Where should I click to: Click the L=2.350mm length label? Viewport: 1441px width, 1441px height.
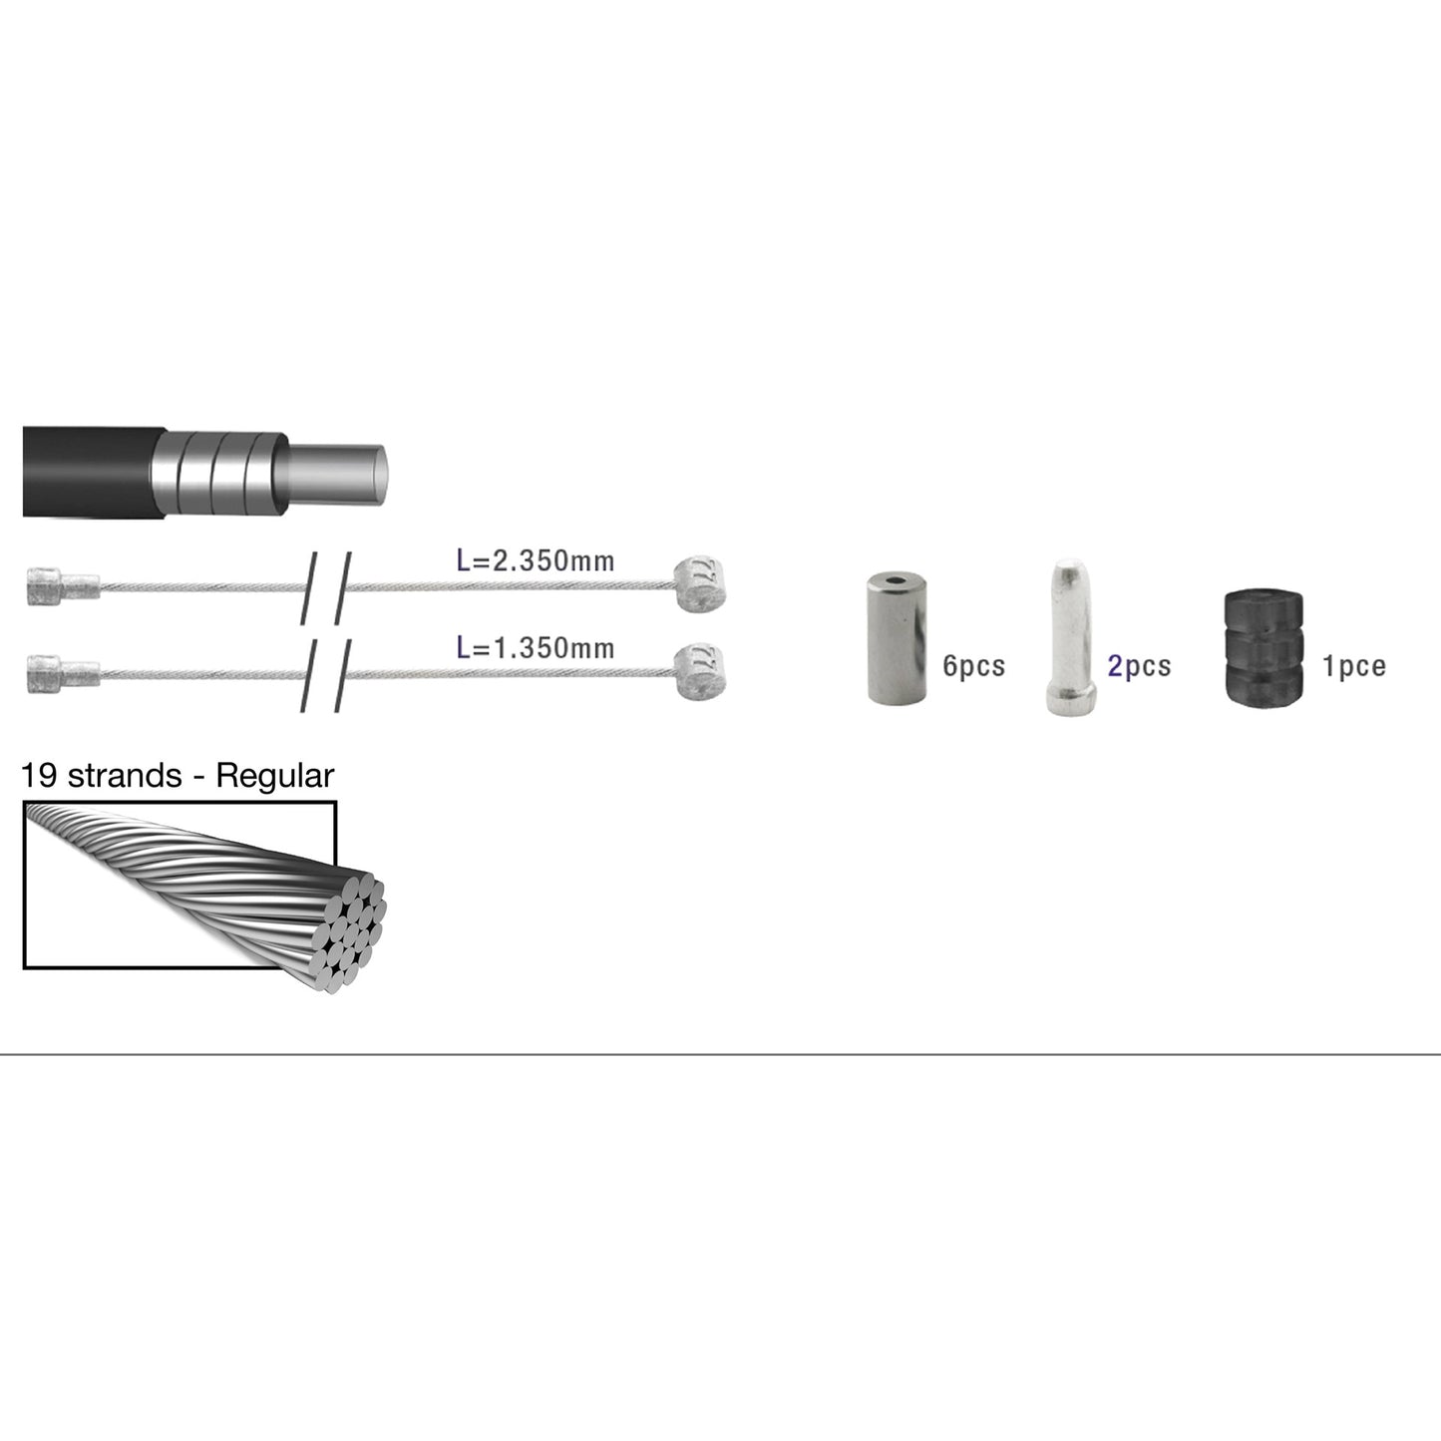click(535, 560)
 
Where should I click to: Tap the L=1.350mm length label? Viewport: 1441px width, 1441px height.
click(535, 648)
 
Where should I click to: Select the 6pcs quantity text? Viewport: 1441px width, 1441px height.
click(973, 665)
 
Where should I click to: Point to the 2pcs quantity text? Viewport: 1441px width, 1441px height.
click(1139, 665)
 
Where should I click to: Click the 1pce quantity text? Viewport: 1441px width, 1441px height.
click(1353, 665)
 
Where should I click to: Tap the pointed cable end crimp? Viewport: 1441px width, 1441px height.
click(1071, 637)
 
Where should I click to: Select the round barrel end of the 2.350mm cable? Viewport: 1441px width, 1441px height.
click(699, 583)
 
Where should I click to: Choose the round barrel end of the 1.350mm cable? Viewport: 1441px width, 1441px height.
click(699, 670)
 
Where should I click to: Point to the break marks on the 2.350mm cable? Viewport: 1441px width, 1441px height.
click(326, 588)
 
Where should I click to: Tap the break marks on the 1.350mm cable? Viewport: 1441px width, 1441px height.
click(326, 675)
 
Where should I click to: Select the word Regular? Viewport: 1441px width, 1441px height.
click(274, 776)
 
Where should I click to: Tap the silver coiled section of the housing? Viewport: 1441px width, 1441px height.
click(219, 470)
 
